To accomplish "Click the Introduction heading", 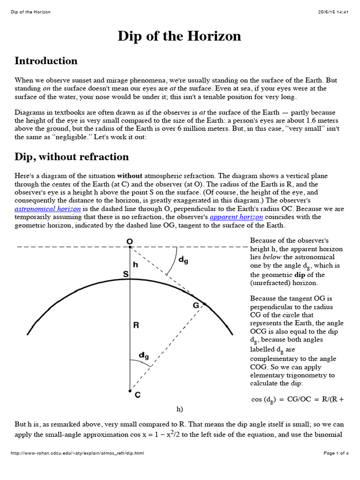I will point(46,61).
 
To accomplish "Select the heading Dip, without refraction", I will point(72,157).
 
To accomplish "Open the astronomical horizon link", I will point(48,208).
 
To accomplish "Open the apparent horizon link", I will point(236,217).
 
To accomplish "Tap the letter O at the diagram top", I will point(130,241).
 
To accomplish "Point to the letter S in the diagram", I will point(126,274).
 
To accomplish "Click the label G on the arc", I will point(196,305).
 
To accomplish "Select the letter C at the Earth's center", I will point(137,395).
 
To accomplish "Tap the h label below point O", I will point(135,264).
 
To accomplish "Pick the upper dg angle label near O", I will point(183,259).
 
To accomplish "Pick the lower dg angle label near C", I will point(144,356).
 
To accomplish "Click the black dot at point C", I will point(130,390).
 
